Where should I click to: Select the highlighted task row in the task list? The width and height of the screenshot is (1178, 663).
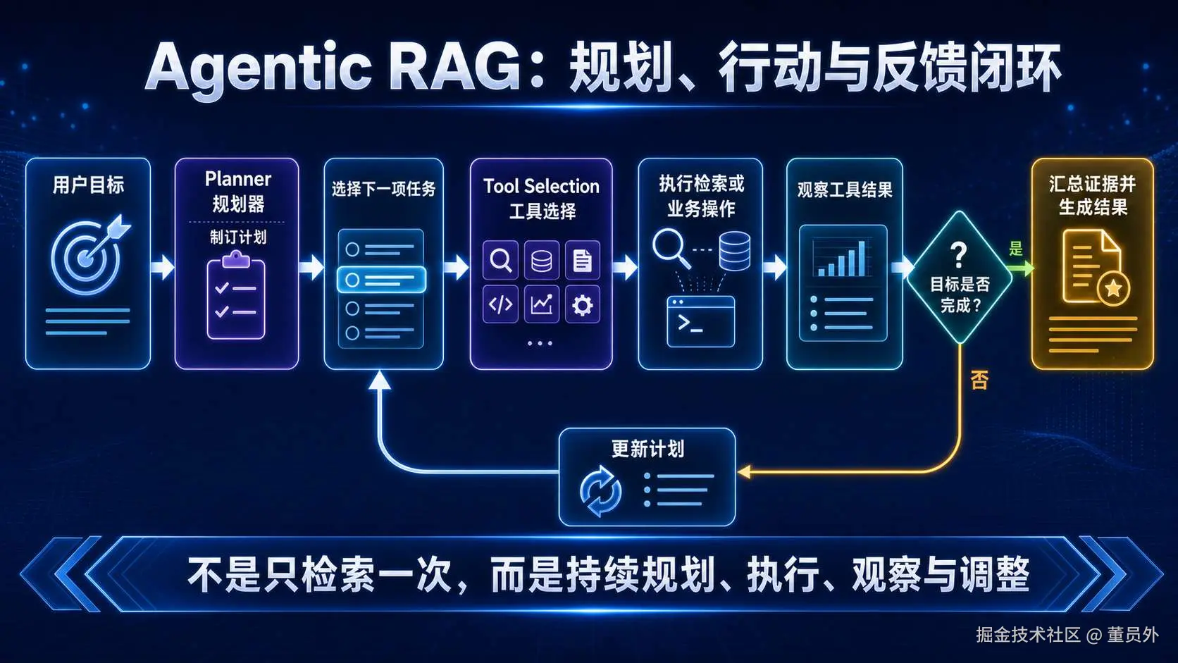click(x=381, y=279)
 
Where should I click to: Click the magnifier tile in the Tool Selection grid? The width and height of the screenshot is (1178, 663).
click(x=500, y=260)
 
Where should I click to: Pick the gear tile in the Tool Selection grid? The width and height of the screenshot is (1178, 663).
click(x=582, y=304)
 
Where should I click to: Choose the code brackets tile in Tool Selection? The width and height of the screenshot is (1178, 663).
click(x=500, y=304)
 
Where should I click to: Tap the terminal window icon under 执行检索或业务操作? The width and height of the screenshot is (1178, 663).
click(x=700, y=321)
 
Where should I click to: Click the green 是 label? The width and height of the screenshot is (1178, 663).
click(x=1015, y=248)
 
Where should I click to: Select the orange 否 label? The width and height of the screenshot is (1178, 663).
click(x=979, y=380)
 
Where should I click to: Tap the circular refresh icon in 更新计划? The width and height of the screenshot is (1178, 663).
click(x=600, y=491)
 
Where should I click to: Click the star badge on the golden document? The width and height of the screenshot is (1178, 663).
click(x=1113, y=287)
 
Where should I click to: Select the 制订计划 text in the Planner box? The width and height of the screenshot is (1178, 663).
click(x=237, y=237)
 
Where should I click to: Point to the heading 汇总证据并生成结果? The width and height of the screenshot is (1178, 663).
click(x=1092, y=196)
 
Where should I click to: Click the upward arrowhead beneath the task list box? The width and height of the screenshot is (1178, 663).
click(x=380, y=380)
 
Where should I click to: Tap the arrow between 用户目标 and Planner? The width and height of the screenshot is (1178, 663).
click(x=163, y=267)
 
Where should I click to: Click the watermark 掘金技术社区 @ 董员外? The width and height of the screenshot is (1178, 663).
click(x=1067, y=635)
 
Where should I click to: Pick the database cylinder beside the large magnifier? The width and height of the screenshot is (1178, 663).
click(x=735, y=251)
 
